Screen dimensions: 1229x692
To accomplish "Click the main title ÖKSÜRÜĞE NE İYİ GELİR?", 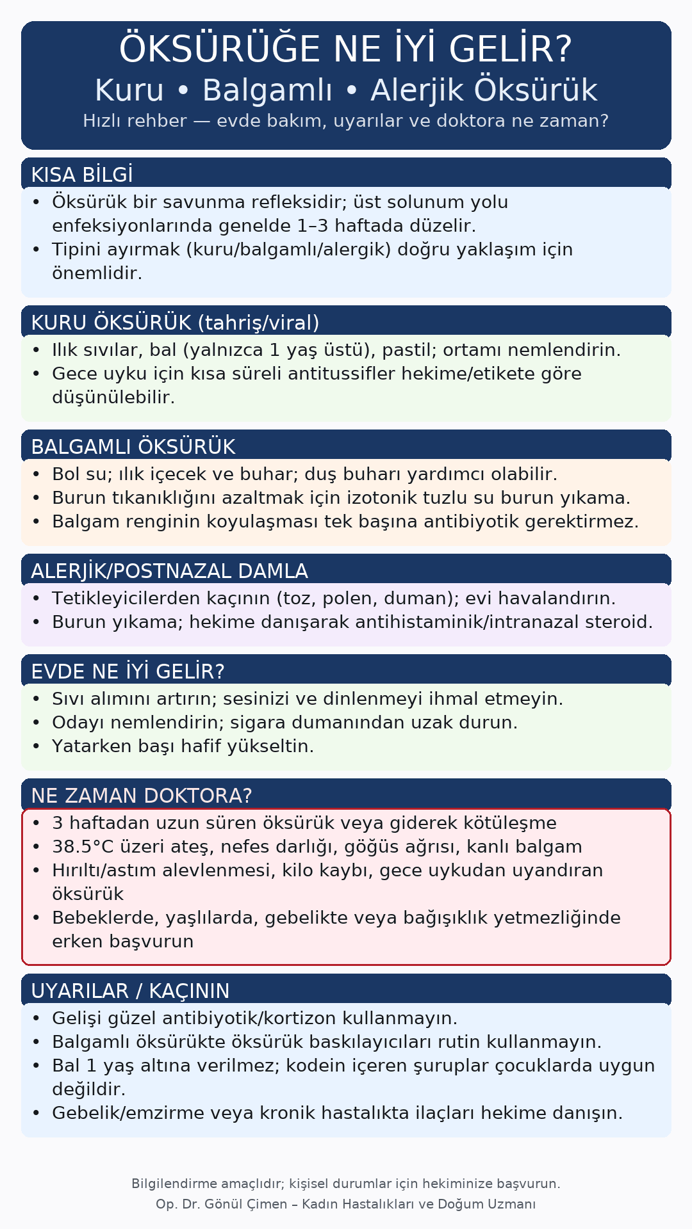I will [345, 50].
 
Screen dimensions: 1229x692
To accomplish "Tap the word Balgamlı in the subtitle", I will [267, 90].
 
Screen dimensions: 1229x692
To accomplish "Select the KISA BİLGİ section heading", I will [82, 175].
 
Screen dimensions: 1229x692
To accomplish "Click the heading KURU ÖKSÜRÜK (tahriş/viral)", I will [175, 323].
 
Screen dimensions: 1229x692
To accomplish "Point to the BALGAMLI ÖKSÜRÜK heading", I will [133, 447].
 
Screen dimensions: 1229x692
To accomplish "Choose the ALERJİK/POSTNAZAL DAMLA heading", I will [169, 571].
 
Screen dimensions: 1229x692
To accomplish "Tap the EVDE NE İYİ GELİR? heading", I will [128, 671].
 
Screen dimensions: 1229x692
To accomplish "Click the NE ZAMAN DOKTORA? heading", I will [142, 796].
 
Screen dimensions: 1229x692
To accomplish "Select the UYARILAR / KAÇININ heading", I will [130, 991].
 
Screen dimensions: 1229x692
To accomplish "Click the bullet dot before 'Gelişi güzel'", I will [37, 1018].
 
